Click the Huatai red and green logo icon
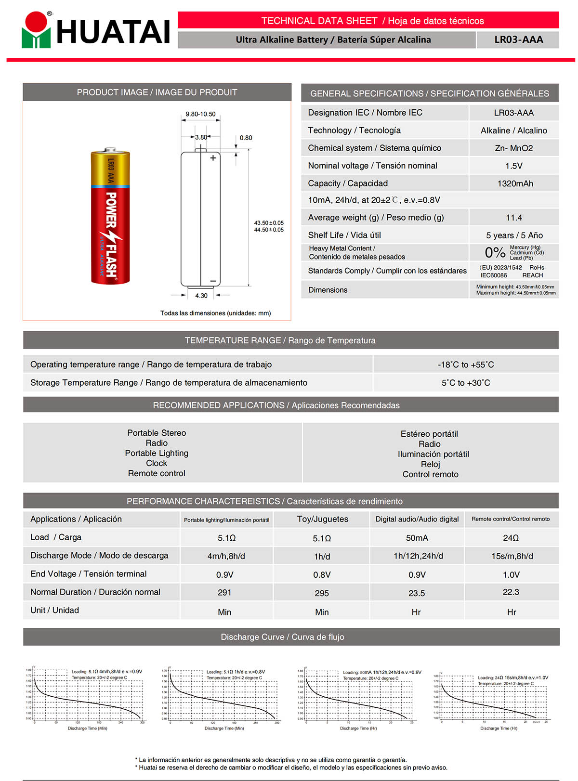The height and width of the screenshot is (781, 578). (x=36, y=30)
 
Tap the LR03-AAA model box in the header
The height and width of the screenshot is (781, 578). (x=518, y=39)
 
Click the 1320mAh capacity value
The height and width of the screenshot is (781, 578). (x=514, y=183)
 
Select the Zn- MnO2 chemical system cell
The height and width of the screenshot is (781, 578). (x=513, y=148)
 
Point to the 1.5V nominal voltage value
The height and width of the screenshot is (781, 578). (x=513, y=166)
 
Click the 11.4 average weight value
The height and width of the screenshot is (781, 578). (x=513, y=218)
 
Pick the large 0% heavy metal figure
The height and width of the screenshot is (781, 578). (x=495, y=252)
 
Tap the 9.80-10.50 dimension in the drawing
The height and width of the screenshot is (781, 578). (x=200, y=114)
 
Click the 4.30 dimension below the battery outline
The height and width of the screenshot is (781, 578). (x=201, y=296)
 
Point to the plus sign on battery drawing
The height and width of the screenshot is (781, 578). (x=213, y=158)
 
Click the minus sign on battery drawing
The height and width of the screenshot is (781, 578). (x=213, y=281)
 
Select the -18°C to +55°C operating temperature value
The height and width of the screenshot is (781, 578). (x=466, y=364)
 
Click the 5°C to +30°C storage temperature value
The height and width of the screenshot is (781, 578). (x=466, y=383)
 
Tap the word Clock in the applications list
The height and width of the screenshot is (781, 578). (x=157, y=463)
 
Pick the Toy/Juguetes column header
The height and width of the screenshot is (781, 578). (x=322, y=519)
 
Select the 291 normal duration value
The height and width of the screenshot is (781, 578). (x=224, y=593)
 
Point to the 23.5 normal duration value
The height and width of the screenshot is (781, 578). (x=417, y=593)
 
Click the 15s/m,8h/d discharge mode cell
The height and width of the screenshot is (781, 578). (x=512, y=556)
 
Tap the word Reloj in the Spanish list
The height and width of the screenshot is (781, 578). (x=430, y=464)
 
